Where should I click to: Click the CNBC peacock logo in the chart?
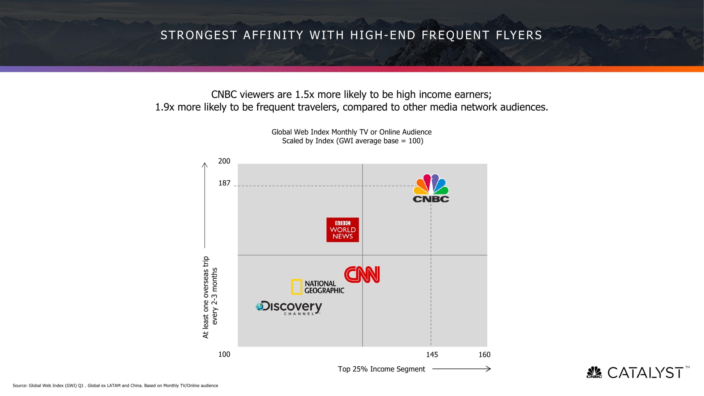pos(431,188)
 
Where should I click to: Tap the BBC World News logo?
pos(342,230)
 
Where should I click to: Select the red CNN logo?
pos(362,275)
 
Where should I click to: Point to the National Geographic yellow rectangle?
pos(296,287)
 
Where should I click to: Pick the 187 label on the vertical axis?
pos(224,183)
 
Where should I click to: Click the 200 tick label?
pos(224,161)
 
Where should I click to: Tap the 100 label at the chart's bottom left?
pos(224,354)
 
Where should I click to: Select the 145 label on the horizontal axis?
pos(432,355)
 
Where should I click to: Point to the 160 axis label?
pos(484,355)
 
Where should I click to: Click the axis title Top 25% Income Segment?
pos(381,369)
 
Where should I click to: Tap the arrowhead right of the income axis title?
pos(488,369)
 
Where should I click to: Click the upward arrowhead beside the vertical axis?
pos(205,165)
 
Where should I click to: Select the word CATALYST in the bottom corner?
pos(645,373)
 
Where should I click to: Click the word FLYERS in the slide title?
pos(519,35)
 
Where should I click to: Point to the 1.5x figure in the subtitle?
pos(304,95)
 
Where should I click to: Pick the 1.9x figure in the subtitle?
pos(165,107)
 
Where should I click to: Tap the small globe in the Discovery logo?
pos(260,306)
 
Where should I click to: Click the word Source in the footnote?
pos(19,385)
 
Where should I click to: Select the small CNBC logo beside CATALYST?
pos(594,372)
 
